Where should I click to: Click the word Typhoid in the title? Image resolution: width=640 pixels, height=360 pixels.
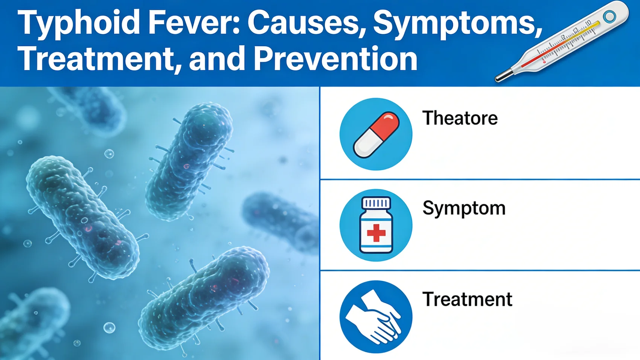click(x=79, y=23)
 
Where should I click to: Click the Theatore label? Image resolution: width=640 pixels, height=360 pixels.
click(x=460, y=118)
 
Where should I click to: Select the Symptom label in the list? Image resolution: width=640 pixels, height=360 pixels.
click(x=464, y=208)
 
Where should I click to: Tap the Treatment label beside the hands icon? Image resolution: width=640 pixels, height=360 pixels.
click(x=467, y=299)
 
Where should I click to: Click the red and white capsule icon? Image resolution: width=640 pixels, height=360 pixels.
click(x=376, y=134)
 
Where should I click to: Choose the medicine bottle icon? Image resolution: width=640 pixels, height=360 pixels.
click(x=376, y=225)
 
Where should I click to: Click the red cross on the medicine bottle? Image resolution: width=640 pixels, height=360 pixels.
click(x=376, y=233)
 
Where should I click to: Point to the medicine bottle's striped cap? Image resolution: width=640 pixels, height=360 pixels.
click(x=376, y=203)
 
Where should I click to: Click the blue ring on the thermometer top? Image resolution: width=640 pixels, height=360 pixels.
click(x=609, y=16)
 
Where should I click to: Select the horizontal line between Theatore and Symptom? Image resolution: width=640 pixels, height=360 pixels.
click(x=480, y=180)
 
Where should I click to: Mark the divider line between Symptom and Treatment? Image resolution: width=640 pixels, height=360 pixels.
click(x=480, y=270)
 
